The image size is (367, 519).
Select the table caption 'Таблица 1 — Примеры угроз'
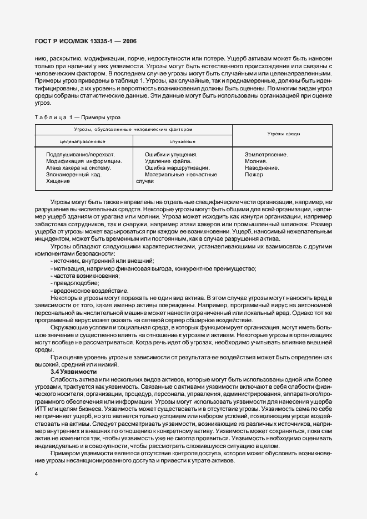coord(77,117)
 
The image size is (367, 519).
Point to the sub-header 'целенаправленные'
coord(83,141)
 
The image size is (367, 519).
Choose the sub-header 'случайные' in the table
coord(182,141)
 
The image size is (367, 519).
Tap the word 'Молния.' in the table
coord(256,161)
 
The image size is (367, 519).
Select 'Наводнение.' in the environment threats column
coord(262,167)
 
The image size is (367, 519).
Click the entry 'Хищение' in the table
coord(58,181)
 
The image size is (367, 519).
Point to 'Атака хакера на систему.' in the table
coord(79,167)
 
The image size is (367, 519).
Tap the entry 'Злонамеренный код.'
coord(73,174)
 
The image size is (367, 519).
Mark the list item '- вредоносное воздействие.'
coord(89,291)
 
